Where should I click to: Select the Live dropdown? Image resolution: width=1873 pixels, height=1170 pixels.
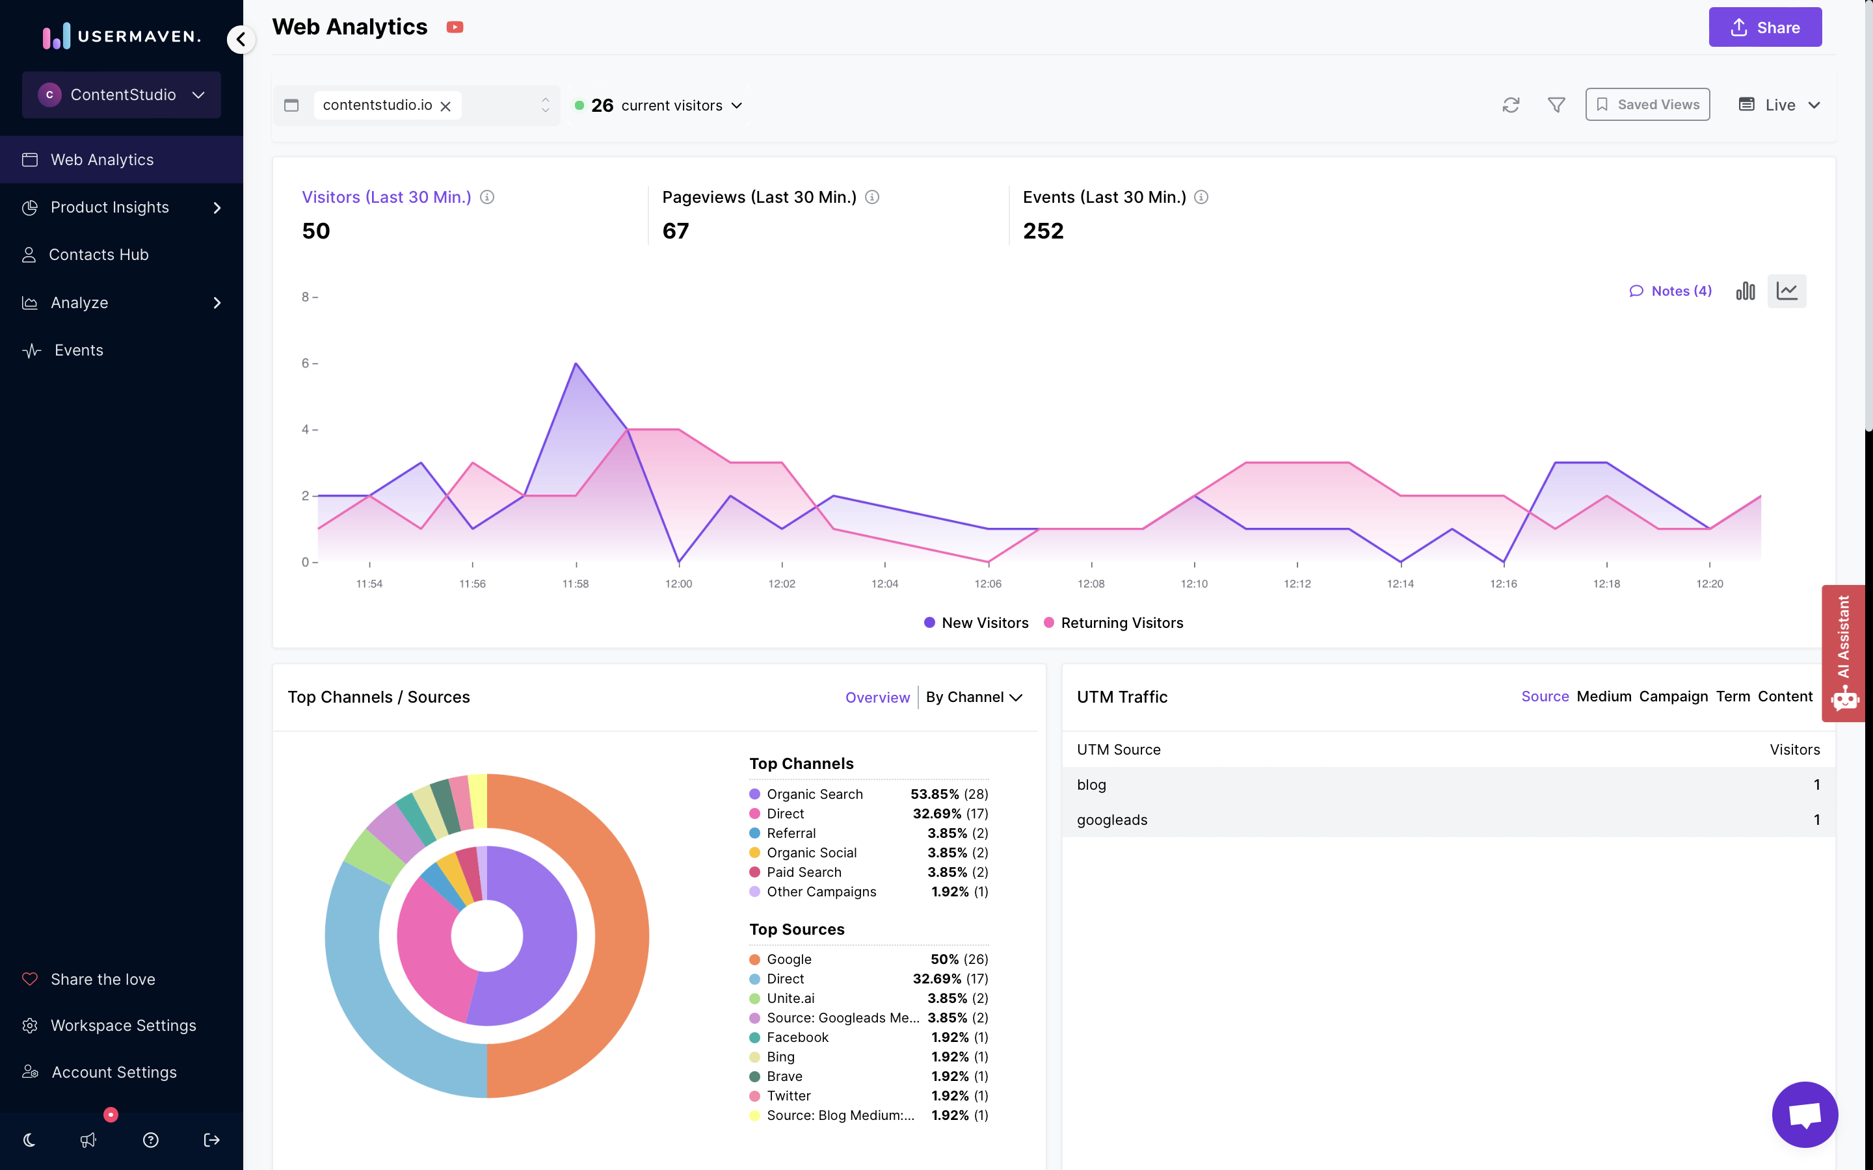point(1779,105)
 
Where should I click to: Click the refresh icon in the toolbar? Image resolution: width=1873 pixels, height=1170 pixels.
point(1510,105)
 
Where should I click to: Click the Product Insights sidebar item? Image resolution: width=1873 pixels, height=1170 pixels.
point(110,207)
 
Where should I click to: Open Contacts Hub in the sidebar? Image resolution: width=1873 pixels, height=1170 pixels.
point(98,255)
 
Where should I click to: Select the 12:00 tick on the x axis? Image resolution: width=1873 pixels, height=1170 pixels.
point(678,584)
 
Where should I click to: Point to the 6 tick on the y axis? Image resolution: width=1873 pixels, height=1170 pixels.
point(306,363)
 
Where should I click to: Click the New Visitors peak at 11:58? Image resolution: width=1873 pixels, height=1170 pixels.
point(576,364)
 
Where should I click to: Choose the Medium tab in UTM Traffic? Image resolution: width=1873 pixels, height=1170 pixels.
point(1603,696)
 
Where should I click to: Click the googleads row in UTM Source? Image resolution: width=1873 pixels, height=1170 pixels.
point(1111,820)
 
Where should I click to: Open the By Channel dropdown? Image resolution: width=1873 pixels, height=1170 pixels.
point(974,697)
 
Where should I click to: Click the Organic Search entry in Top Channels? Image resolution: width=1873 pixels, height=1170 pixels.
point(814,794)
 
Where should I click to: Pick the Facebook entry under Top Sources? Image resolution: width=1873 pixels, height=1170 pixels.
point(797,1037)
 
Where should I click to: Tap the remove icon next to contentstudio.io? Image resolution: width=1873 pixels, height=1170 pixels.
point(445,106)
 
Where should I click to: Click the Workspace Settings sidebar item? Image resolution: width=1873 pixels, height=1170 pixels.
point(123,1025)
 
